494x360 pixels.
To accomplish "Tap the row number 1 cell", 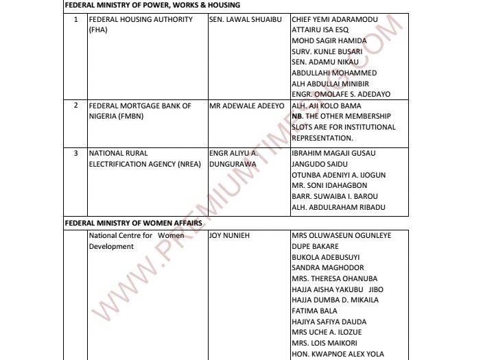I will (x=75, y=19).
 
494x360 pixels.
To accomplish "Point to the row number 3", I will (x=75, y=153).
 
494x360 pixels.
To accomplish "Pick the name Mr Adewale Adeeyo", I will (x=244, y=106).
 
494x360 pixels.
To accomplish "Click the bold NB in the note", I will (x=296, y=117).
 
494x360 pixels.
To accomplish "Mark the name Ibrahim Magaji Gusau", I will (x=335, y=153).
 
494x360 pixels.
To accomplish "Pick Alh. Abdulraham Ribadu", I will (x=338, y=207).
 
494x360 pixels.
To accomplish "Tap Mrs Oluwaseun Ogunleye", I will (x=341, y=235).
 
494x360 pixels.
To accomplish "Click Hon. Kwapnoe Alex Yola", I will (x=338, y=354).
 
